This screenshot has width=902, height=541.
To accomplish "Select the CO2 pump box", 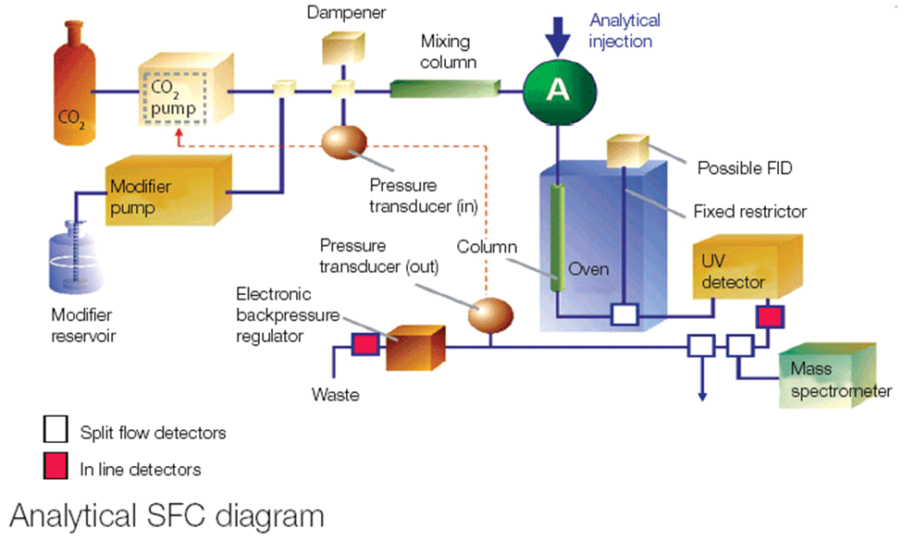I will (x=178, y=92).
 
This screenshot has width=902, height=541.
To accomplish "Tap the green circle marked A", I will (x=557, y=90).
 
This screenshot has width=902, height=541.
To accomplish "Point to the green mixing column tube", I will (x=442, y=89).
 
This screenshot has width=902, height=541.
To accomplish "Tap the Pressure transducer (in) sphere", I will (x=343, y=141).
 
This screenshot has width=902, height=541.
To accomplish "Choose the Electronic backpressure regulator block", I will (x=411, y=346).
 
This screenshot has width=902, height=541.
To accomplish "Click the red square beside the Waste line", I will (x=365, y=345).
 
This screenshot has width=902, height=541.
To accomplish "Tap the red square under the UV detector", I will (x=770, y=316).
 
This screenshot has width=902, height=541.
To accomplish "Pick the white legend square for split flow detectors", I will (x=55, y=431).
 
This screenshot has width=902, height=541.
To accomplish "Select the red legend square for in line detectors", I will (x=55, y=469).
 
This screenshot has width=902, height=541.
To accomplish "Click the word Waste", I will (x=336, y=396).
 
